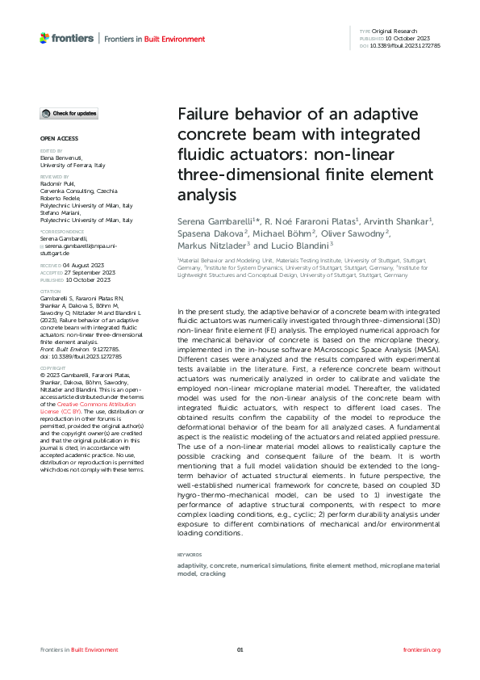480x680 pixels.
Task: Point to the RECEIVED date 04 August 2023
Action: [x=91, y=263]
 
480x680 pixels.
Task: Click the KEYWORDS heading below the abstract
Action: [x=190, y=555]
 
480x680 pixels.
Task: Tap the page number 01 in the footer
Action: [x=240, y=649]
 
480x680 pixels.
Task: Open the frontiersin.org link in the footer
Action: [x=421, y=649]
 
